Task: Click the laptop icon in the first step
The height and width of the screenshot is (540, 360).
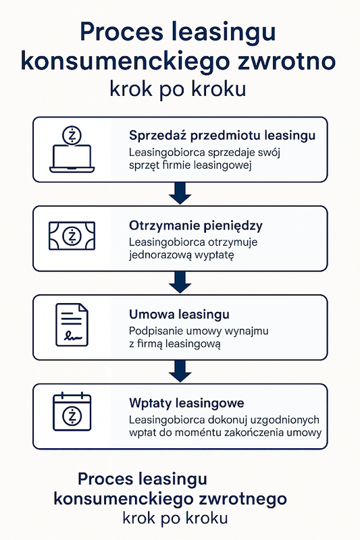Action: [x=72, y=158]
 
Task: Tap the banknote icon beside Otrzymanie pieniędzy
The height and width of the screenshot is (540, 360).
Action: [x=72, y=236]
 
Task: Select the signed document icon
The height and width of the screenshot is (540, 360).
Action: [x=72, y=325]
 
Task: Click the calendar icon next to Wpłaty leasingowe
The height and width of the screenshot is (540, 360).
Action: [x=72, y=411]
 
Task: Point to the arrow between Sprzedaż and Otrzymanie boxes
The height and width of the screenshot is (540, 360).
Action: [x=180, y=193]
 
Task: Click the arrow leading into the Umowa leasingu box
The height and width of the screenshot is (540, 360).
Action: [x=180, y=282]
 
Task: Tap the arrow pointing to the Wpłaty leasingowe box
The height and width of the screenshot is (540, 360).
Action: [x=180, y=371]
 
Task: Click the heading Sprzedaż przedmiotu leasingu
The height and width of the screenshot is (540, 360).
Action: [x=222, y=136]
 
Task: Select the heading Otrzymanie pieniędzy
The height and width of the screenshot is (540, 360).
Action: [x=196, y=225]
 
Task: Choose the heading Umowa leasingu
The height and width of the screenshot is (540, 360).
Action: [x=179, y=315]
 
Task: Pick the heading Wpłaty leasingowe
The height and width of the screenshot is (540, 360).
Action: [x=186, y=403]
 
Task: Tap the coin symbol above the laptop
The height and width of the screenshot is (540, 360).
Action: [x=72, y=136]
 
